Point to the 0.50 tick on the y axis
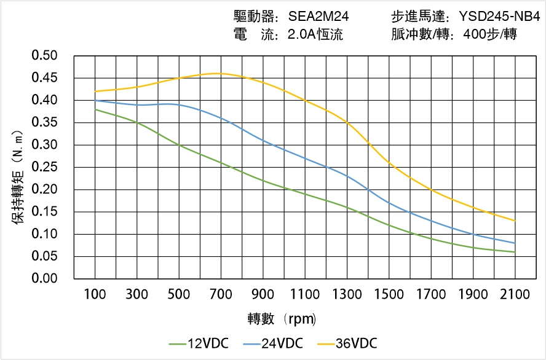pyautogui.click(x=44, y=56)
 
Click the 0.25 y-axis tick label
pyautogui.click(x=44, y=167)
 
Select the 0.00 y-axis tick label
pyautogui.click(x=44, y=278)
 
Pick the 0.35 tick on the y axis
pyautogui.click(x=44, y=123)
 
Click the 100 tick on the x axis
pyautogui.click(x=95, y=295)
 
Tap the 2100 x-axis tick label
pyautogui.click(x=515, y=295)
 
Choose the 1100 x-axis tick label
pyautogui.click(x=305, y=295)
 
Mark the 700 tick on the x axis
pyautogui.click(x=221, y=295)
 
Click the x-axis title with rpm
pyautogui.click(x=282, y=319)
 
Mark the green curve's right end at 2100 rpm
pyautogui.click(x=515, y=252)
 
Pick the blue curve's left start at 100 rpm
pyautogui.click(x=95, y=100)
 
